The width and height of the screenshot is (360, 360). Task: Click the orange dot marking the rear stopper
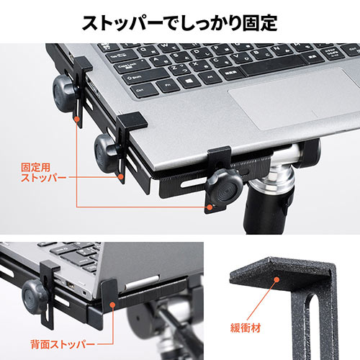(x=112, y=306)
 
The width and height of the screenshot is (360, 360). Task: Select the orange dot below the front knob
(x=208, y=207)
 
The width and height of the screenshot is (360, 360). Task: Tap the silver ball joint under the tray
(x=287, y=158)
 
